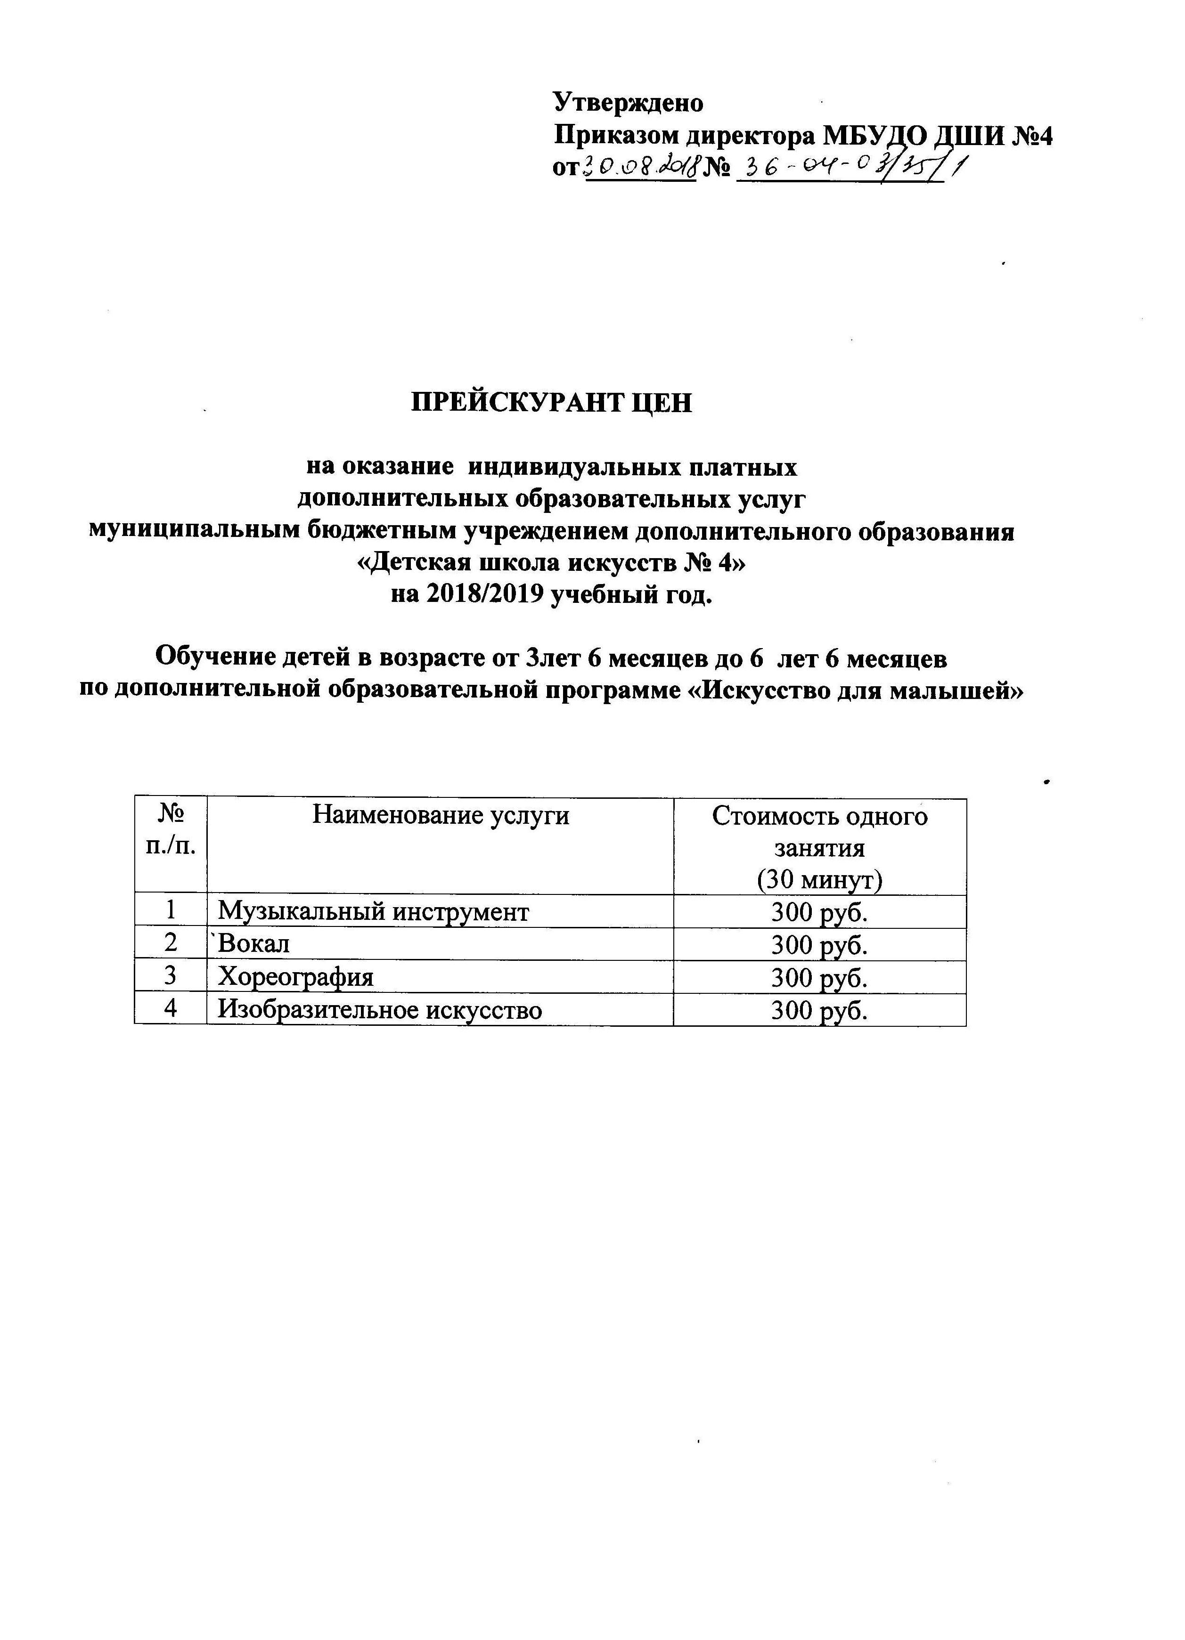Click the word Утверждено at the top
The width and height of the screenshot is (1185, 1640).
pyautogui.click(x=628, y=103)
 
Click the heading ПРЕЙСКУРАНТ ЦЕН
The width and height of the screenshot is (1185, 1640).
pyautogui.click(x=551, y=402)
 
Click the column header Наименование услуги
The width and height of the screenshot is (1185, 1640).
pyautogui.click(x=440, y=816)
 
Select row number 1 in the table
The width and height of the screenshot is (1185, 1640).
pyautogui.click(x=171, y=911)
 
